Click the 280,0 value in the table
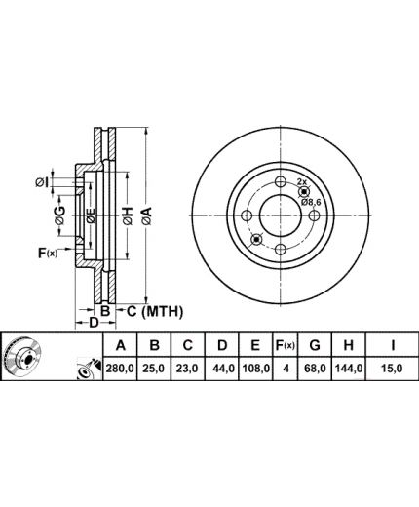(x=120, y=369)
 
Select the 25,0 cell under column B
(x=155, y=369)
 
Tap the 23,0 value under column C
(x=187, y=369)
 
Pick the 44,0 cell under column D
(x=222, y=369)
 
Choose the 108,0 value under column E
(x=255, y=369)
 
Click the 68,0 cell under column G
(x=315, y=369)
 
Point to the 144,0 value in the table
(x=349, y=369)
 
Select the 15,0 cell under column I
(x=392, y=369)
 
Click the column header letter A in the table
(x=120, y=345)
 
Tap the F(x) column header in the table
(x=286, y=345)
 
